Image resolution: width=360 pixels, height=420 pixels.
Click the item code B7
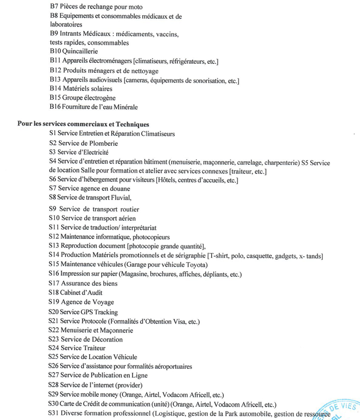54,7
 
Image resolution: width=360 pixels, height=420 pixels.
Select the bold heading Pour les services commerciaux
83,124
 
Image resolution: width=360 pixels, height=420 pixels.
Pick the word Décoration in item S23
105,340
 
